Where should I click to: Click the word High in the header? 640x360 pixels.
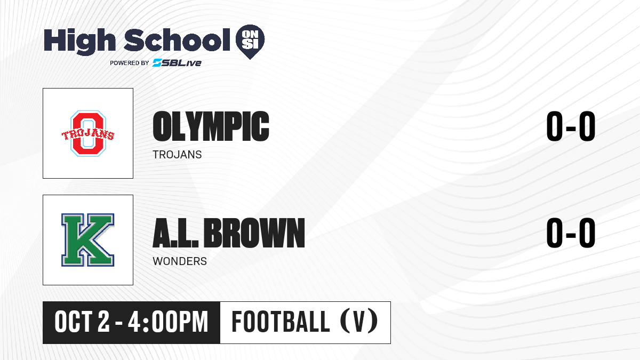click(x=79, y=41)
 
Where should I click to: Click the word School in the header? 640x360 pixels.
click(x=177, y=39)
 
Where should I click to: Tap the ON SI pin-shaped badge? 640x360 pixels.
click(x=250, y=42)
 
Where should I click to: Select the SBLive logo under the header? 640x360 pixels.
click(x=177, y=63)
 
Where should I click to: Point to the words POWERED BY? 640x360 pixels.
click(x=130, y=63)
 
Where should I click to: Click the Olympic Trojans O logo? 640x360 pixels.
click(x=88, y=133)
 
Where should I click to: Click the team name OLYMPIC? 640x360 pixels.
click(x=211, y=126)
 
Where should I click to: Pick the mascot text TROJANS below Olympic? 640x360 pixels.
click(x=177, y=155)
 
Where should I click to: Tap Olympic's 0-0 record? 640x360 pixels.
click(x=571, y=126)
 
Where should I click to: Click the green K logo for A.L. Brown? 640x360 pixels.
click(x=88, y=240)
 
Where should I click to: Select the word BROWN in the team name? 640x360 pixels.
click(x=254, y=233)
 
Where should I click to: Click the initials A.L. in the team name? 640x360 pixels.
click(x=175, y=233)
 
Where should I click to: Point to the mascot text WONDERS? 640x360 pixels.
click(x=180, y=261)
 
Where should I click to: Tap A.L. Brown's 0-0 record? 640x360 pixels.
click(x=571, y=233)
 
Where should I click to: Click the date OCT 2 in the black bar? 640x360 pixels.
click(x=82, y=322)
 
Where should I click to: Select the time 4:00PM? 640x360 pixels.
click(x=168, y=322)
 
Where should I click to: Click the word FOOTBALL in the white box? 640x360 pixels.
click(x=281, y=322)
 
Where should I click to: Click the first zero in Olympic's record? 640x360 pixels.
click(x=555, y=126)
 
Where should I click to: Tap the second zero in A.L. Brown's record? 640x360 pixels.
click(x=587, y=233)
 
